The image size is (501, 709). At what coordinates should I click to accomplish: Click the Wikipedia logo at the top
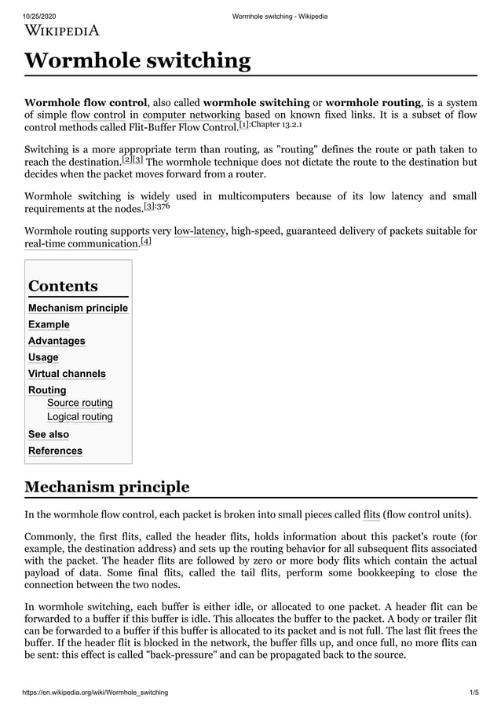tap(62, 31)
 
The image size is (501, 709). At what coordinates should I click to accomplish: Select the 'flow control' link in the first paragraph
tap(99, 115)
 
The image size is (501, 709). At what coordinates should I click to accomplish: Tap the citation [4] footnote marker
tap(145, 241)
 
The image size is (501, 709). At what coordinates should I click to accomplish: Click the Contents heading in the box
tap(63, 286)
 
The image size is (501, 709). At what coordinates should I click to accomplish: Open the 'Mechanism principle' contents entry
tap(78, 308)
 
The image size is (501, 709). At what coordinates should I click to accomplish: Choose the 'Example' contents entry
tap(49, 324)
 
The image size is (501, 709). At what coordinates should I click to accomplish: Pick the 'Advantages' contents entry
tap(57, 341)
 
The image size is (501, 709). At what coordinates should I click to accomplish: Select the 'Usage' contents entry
tap(43, 357)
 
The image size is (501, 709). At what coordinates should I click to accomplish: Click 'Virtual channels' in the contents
tap(67, 374)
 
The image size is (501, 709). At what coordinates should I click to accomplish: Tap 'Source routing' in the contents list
tap(79, 403)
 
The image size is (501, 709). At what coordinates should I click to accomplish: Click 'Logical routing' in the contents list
tap(79, 417)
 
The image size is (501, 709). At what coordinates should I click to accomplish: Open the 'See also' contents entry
tap(48, 434)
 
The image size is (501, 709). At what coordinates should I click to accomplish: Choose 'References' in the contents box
tap(55, 451)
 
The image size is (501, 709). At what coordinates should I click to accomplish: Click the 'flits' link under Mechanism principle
tap(371, 515)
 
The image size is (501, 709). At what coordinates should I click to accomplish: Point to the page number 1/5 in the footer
tap(474, 692)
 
